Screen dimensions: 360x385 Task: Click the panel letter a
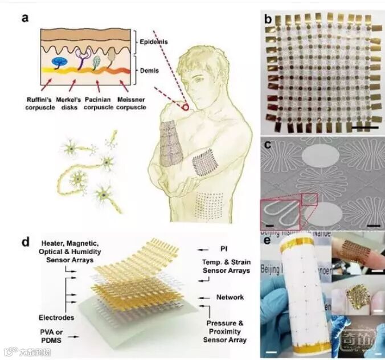pos(26,17)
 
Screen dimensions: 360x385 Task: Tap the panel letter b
pos(269,19)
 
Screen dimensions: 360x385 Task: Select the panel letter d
pos(26,242)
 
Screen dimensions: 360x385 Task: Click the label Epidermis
pos(155,42)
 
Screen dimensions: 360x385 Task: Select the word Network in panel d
pos(230,297)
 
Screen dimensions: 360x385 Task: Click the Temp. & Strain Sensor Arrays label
pos(225,266)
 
